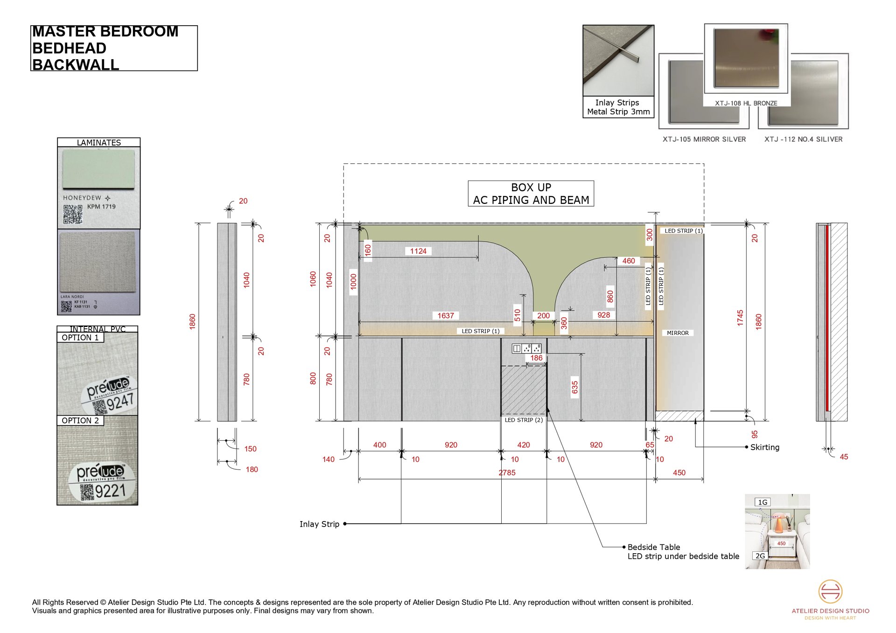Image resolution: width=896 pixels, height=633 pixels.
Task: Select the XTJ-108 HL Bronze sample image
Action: click(746, 58)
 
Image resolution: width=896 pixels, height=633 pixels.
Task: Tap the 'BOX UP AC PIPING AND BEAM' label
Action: click(531, 194)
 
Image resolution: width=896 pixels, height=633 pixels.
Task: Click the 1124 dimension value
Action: click(418, 251)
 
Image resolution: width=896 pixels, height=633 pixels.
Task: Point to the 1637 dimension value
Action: click(445, 316)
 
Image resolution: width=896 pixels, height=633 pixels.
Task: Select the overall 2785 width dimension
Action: click(507, 473)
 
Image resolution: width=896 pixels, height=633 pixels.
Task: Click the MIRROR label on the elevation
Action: click(678, 333)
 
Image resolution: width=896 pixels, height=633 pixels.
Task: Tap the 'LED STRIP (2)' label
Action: click(524, 420)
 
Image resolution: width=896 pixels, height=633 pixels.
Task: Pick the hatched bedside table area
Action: click(523, 390)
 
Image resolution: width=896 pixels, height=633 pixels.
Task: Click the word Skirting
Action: click(764, 447)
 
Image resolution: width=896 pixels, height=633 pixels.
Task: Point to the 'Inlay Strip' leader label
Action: click(319, 524)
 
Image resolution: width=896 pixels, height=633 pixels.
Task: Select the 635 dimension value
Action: click(574, 387)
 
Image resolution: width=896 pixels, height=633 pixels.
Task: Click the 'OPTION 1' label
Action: click(80, 338)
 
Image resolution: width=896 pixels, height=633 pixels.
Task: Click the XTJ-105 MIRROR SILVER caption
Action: click(704, 139)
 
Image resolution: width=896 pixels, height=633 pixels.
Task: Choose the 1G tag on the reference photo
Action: click(762, 502)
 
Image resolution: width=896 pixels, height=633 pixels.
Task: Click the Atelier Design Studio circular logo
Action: click(830, 591)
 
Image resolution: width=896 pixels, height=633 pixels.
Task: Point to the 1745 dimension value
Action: click(740, 318)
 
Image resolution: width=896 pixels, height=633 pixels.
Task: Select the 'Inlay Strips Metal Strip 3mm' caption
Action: click(618, 107)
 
